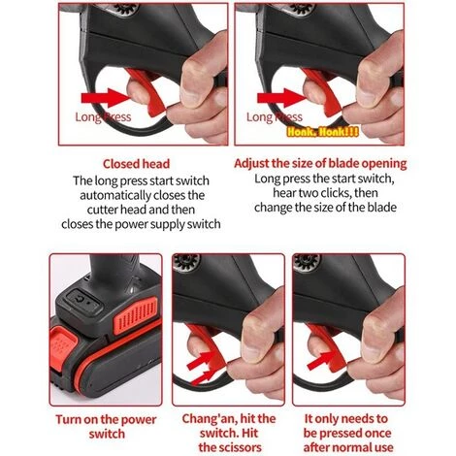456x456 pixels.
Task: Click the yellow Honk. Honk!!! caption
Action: (322, 132)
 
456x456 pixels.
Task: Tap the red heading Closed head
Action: (136, 164)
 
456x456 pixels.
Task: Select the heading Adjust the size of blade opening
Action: (320, 163)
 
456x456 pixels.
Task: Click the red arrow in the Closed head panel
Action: (106, 98)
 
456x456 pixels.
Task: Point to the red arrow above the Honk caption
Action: (282, 98)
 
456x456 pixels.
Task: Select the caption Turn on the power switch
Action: (106, 427)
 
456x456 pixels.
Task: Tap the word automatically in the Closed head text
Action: (115, 196)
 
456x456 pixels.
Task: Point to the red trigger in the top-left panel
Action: (147, 91)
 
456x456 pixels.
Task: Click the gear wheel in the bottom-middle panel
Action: (186, 262)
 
